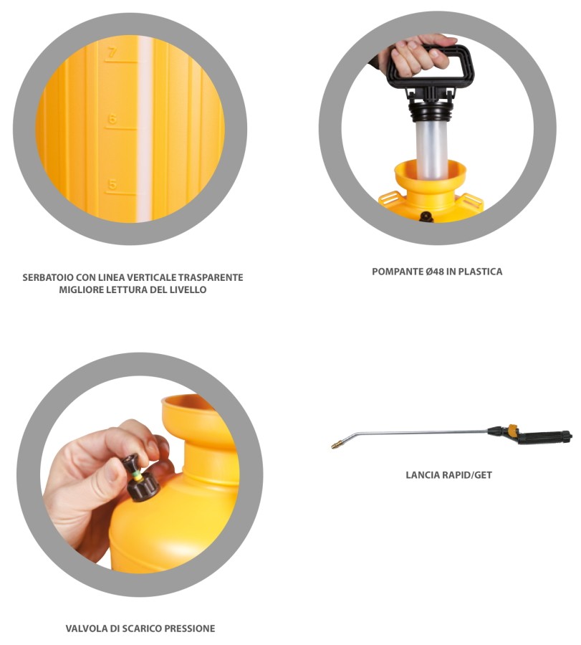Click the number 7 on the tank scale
[x=112, y=52]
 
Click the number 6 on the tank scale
[x=112, y=118]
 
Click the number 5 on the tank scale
[x=112, y=184]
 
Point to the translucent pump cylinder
[x=431, y=148]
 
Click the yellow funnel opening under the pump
[x=430, y=173]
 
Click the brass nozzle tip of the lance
[x=336, y=444]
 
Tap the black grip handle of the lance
[x=544, y=437]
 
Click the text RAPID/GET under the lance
[x=466, y=475]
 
